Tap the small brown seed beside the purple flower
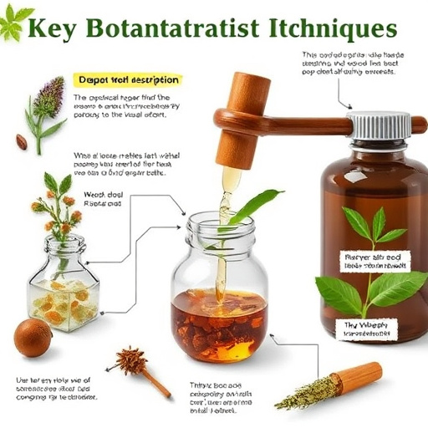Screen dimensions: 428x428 coord(21,141)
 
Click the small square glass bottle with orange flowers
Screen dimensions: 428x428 coord(64,284)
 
